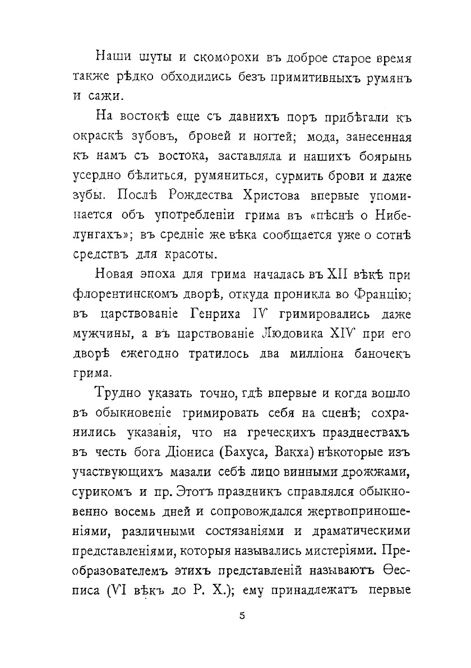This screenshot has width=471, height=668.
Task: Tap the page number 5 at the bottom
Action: coord(242,616)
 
